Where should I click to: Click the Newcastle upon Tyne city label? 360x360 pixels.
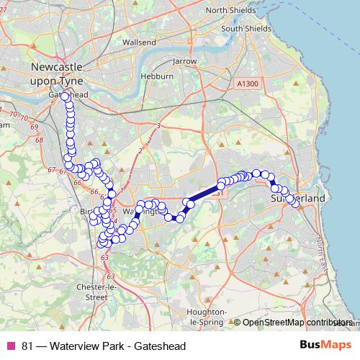[59, 73]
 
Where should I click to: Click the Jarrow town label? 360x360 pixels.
[184, 61]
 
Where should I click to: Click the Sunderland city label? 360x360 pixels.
[298, 197]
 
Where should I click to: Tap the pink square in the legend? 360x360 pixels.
[11, 346]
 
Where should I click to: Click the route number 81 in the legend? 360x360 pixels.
[27, 346]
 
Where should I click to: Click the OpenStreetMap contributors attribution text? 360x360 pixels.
[295, 322]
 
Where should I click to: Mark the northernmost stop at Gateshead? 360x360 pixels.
[65, 96]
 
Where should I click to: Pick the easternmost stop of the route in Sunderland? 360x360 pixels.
[295, 204]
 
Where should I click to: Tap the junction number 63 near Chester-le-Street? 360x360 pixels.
[105, 256]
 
